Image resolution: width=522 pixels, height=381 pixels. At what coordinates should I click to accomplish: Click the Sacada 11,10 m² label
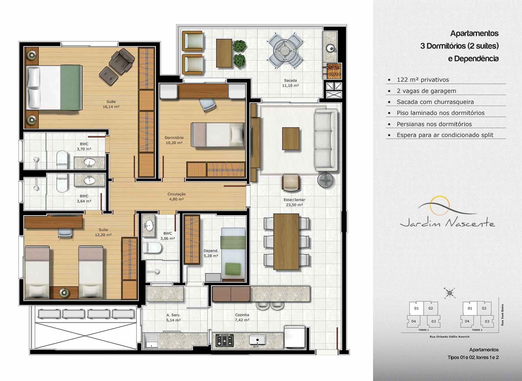(290, 83)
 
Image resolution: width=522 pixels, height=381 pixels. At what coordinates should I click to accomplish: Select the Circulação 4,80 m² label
(176, 197)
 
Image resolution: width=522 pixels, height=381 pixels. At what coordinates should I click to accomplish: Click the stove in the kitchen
(224, 340)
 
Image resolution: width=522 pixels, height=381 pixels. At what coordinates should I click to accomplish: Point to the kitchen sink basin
(257, 340)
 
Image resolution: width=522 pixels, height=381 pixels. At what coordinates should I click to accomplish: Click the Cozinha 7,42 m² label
(242, 317)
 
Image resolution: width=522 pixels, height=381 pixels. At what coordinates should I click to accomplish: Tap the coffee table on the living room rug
(291, 138)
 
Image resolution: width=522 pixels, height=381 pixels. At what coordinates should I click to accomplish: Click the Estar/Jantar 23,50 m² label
(294, 202)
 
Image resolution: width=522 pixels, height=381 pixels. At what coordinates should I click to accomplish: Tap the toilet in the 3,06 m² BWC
(152, 248)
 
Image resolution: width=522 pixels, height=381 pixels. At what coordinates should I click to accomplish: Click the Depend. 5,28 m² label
(211, 253)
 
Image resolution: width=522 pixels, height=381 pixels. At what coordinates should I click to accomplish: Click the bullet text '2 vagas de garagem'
(426, 91)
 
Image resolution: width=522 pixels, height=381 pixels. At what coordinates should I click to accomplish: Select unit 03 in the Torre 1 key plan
(433, 321)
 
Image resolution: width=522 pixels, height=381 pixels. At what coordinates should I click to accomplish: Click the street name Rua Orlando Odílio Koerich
(450, 337)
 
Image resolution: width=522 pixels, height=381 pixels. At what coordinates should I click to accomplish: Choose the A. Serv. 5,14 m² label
(173, 317)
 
